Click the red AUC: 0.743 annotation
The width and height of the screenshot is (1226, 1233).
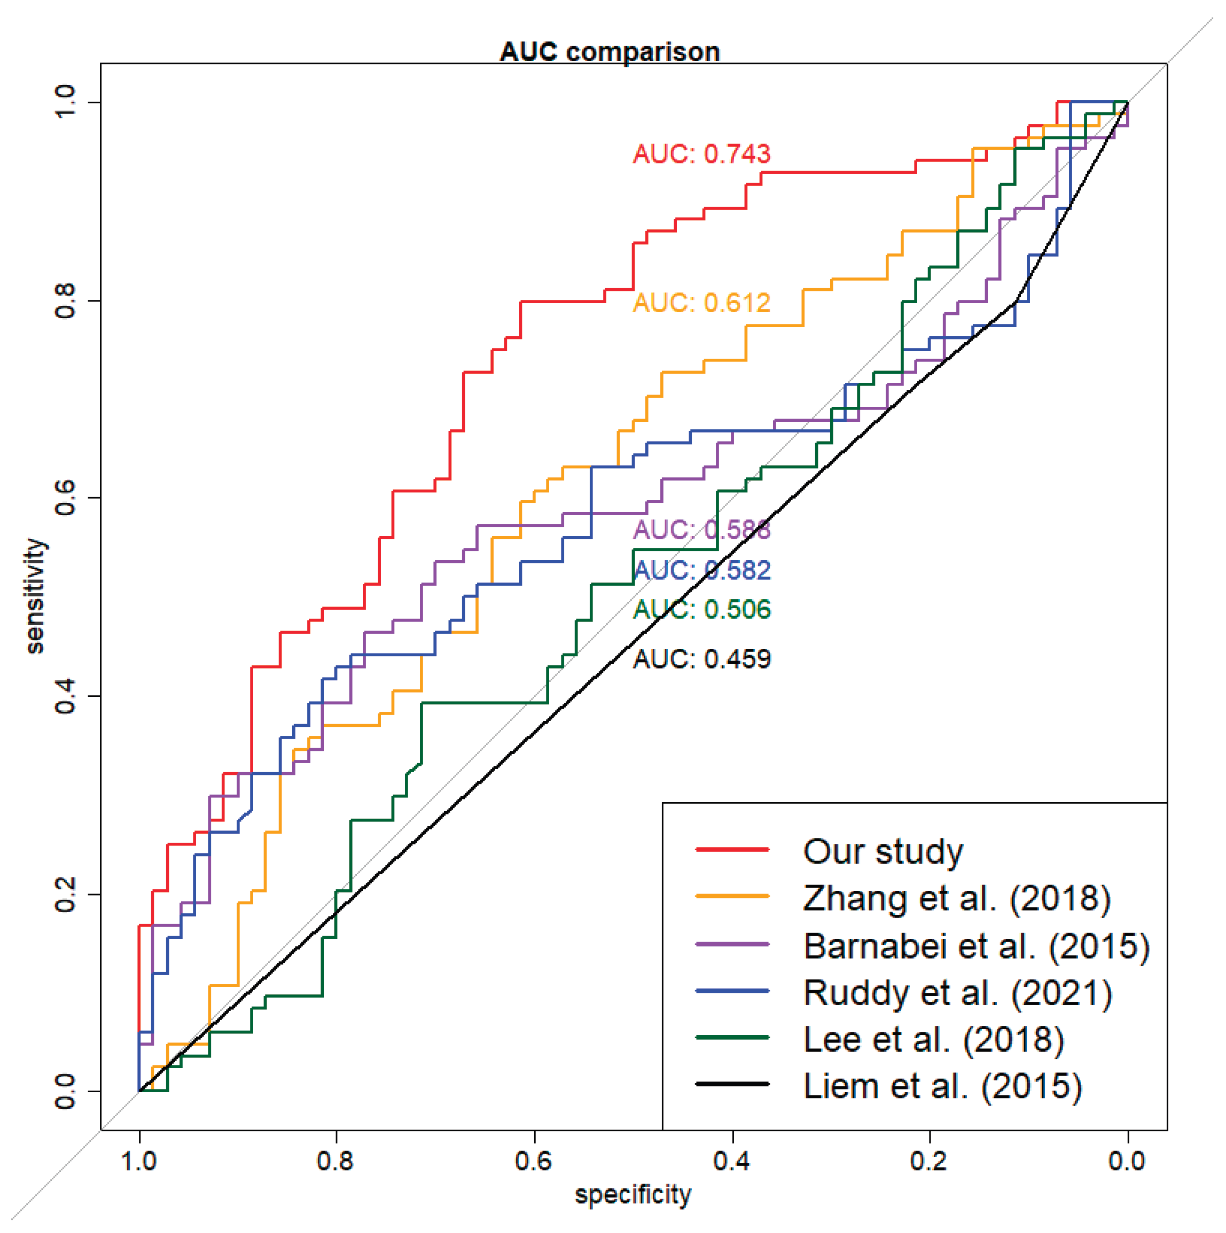click(x=702, y=154)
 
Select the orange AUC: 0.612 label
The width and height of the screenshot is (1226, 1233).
click(x=702, y=303)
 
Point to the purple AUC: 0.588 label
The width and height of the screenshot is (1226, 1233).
click(x=702, y=530)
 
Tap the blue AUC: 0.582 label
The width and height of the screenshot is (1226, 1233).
click(x=702, y=570)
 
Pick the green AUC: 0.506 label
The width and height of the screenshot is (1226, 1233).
click(x=702, y=610)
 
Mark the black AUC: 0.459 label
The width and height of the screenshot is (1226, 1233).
click(x=702, y=659)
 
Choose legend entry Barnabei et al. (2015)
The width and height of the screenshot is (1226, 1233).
click(x=977, y=946)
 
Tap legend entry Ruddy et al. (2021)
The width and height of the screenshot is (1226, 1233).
click(x=957, y=993)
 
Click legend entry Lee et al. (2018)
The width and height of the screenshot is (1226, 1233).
click(x=934, y=1040)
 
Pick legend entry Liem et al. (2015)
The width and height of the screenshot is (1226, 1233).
click(x=943, y=1086)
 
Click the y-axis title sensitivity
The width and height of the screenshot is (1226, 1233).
click(x=36, y=596)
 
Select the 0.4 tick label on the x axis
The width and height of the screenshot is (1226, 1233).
click(x=732, y=1160)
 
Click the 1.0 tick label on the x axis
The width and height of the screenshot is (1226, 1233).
click(x=139, y=1160)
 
